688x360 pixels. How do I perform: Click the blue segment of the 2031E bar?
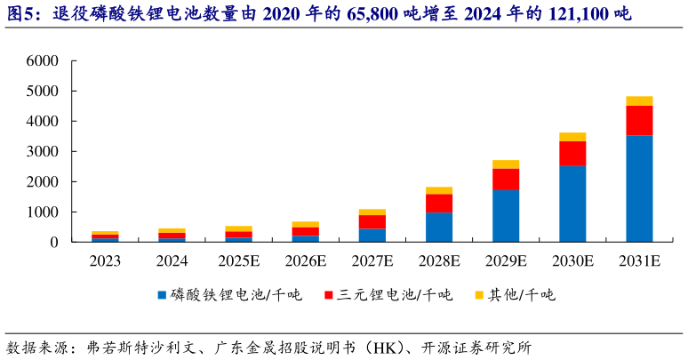coord(639,188)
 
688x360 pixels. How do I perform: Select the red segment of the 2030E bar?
coord(572,154)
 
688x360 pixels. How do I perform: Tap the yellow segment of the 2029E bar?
coord(506,164)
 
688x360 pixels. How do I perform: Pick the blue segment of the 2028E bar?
coord(439,228)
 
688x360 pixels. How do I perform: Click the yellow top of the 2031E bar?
coord(639,100)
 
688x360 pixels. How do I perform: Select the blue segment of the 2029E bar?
coord(506,216)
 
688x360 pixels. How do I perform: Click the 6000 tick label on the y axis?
coord(43,61)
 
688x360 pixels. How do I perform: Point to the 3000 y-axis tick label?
coord(43,152)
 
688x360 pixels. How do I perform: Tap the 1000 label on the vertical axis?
coord(43,212)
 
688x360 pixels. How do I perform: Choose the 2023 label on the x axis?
coord(106,261)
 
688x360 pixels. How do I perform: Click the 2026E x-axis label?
coord(306,261)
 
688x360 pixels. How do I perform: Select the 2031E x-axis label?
coord(639,261)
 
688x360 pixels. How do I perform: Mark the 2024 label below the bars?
coord(172,261)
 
